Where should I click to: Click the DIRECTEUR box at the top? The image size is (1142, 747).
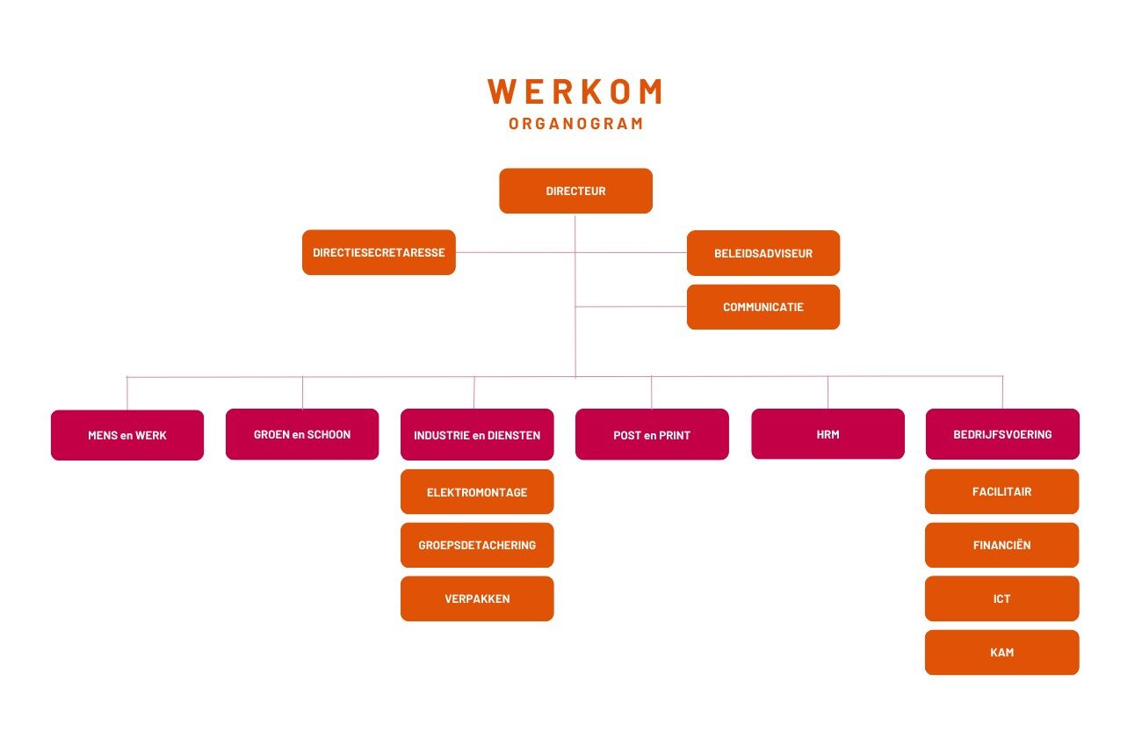coord(575,191)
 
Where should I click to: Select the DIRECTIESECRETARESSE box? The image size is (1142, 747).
coord(379,252)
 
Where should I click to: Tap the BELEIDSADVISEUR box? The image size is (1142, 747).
coord(763,253)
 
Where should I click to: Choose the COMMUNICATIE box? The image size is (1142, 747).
coord(763,307)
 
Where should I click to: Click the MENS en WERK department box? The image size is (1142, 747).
coord(127,435)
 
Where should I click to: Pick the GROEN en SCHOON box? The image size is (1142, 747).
coord(302,434)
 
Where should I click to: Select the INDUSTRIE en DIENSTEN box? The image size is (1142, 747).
coord(477,434)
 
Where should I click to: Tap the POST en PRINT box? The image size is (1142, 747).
coord(652,434)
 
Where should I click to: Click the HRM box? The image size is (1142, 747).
coord(828,434)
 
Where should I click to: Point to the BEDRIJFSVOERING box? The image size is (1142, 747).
coord(1002,434)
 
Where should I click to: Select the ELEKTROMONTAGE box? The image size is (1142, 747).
coord(477,491)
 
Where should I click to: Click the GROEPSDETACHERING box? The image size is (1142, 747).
coord(477,545)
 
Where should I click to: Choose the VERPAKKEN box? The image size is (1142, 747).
coord(477,598)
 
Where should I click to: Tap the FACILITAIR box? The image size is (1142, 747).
coord(1001,491)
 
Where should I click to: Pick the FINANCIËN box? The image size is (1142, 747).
coord(1001,545)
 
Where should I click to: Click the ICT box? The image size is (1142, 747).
coord(1001,598)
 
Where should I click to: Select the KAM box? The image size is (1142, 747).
coord(1001,652)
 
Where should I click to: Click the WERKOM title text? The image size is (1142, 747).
coord(575,91)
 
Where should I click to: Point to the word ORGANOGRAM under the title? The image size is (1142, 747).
coord(575,124)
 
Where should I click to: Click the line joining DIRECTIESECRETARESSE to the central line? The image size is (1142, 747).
coord(515,252)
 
